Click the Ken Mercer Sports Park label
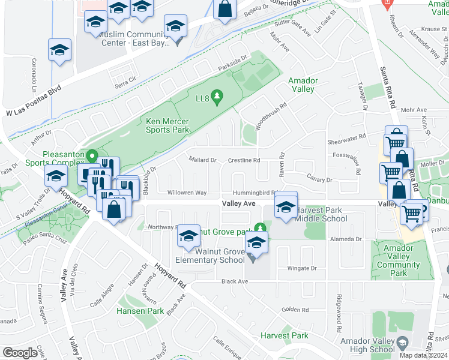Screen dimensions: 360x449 click(x=167, y=125)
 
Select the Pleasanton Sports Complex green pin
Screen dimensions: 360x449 click(x=92, y=156)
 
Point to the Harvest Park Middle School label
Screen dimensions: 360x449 click(x=318, y=214)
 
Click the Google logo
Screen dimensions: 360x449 click(x=20, y=352)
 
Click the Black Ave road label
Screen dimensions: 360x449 click(x=234, y=281)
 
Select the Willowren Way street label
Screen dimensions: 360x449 click(x=187, y=193)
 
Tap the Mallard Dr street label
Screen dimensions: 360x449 click(x=202, y=160)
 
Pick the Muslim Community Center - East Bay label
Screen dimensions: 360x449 click(x=133, y=38)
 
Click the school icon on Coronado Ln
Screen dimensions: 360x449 click(x=59, y=50)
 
